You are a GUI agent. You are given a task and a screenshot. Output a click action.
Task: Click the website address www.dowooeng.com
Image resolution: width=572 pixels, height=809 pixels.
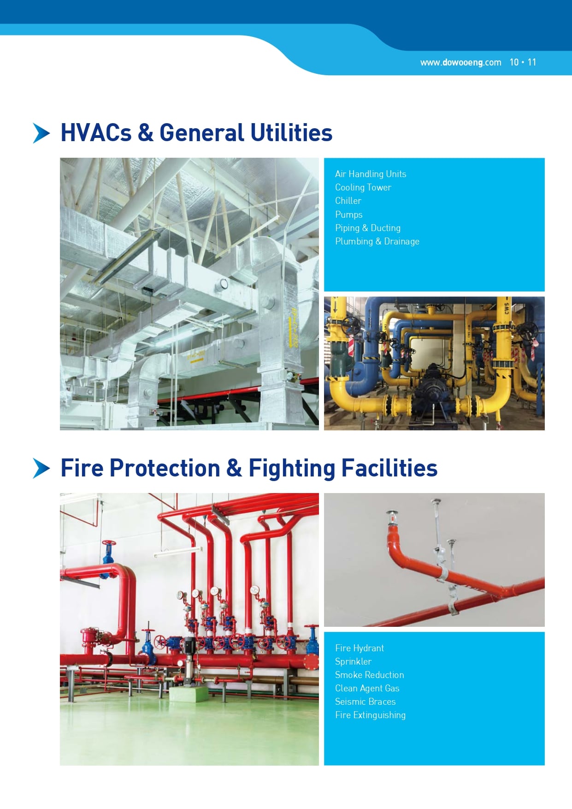pyautogui.click(x=460, y=62)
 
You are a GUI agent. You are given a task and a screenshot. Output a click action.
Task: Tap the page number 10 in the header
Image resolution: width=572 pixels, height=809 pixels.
pyautogui.click(x=514, y=62)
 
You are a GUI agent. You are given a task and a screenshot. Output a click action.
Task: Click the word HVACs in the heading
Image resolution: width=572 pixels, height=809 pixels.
pyautogui.click(x=96, y=132)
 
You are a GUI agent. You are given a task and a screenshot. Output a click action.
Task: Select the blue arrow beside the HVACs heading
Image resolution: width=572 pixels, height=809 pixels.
pyautogui.click(x=41, y=133)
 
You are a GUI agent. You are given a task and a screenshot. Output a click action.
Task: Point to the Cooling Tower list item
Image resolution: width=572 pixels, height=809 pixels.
pyautogui.click(x=363, y=187)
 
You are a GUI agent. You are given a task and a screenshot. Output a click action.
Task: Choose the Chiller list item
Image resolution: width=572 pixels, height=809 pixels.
pyautogui.click(x=348, y=201)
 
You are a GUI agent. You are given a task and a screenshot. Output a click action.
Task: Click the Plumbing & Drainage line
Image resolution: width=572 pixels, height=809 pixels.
pyautogui.click(x=377, y=241)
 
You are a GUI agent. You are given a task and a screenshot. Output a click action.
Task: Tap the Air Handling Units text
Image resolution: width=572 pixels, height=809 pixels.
pyautogui.click(x=371, y=174)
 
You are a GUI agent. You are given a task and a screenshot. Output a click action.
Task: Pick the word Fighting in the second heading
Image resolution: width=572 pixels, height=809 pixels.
pyautogui.click(x=292, y=469)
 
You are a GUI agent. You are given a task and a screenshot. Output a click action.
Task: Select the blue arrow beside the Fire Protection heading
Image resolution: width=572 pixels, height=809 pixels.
pyautogui.click(x=41, y=468)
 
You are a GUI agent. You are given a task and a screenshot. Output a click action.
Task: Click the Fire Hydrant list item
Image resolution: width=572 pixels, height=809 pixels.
pyautogui.click(x=360, y=648)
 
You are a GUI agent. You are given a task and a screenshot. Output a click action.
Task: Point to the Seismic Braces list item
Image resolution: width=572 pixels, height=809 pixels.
pyautogui.click(x=366, y=702)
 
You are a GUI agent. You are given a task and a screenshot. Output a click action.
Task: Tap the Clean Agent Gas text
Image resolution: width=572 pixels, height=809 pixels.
pyautogui.click(x=367, y=688)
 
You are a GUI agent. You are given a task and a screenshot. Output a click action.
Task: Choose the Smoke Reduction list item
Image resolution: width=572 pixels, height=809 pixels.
pyautogui.click(x=370, y=675)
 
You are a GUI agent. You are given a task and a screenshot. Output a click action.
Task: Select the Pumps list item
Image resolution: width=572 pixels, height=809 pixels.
pyautogui.click(x=349, y=214)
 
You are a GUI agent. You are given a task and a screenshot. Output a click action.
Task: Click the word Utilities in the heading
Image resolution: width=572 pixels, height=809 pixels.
pyautogui.click(x=292, y=132)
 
